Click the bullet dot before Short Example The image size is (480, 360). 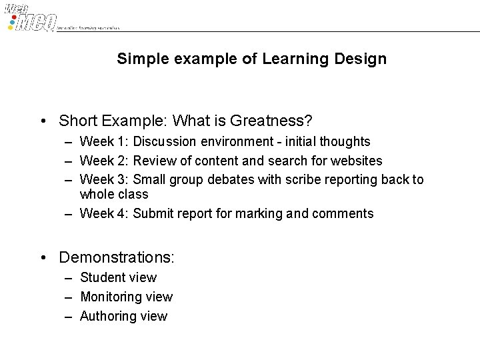(x=43, y=121)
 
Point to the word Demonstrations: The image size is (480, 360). (x=117, y=257)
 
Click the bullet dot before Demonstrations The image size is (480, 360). (x=43, y=257)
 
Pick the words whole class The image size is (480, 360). (x=114, y=195)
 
